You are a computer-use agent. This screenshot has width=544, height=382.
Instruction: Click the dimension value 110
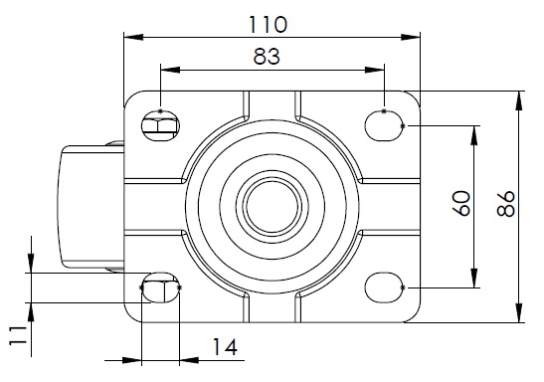point(268,25)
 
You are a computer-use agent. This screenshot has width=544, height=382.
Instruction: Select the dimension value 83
point(267,57)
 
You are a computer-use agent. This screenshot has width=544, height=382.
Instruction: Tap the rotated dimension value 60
point(462,203)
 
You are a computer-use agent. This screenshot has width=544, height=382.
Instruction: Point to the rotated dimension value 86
point(505,204)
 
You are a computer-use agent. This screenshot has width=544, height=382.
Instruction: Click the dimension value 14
point(225,347)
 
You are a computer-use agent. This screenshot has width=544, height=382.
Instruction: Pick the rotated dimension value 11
point(18,335)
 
